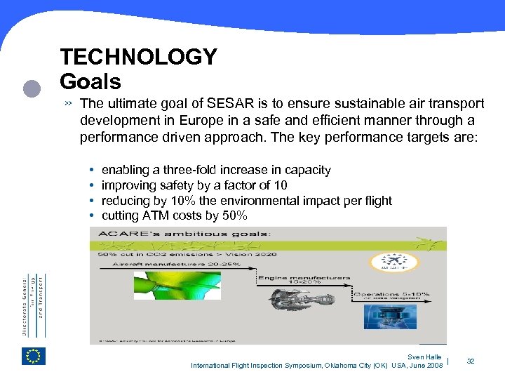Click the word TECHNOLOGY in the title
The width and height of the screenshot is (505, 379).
point(138,57)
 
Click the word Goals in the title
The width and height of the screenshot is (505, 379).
point(90,81)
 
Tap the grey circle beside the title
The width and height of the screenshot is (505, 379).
point(31,89)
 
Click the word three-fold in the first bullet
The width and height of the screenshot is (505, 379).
point(191,170)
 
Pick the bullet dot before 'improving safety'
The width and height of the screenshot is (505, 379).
point(92,186)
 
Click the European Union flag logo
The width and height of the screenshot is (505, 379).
point(33,356)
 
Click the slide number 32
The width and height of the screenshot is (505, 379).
point(471,361)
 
